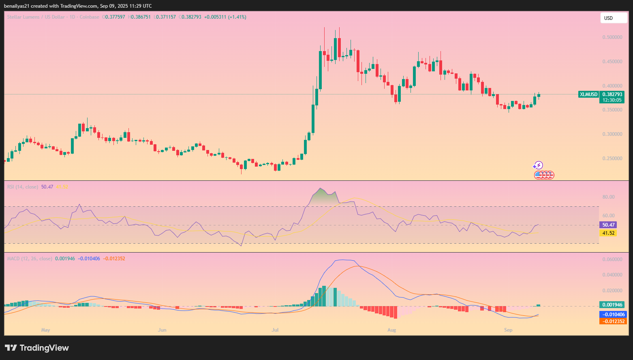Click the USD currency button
coord(613,18)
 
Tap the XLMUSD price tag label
coord(588,94)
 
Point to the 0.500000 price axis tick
coord(612,37)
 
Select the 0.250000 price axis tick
coord(612,159)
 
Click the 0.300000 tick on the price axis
coord(612,134)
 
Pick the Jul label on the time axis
coord(275,330)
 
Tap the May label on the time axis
coord(45,330)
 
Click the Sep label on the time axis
coord(508,330)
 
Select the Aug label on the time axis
coord(391,330)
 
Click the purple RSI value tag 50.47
coord(608,225)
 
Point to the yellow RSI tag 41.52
coord(608,233)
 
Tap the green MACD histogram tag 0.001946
coord(612,305)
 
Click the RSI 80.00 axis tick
coord(608,197)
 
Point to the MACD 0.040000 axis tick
coord(612,275)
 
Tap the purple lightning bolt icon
coord(538,165)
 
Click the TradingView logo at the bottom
coord(37,348)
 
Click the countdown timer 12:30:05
coord(612,100)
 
